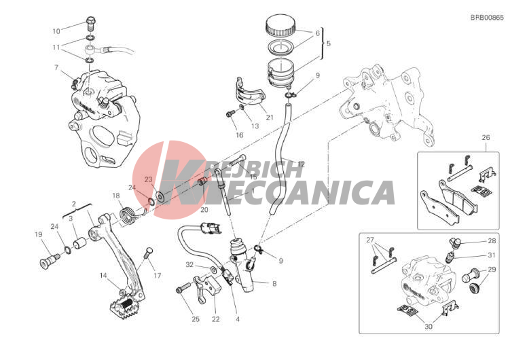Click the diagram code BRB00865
487,18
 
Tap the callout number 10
56,31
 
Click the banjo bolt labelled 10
91,23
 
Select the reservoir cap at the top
280,25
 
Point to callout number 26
486,137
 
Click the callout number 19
38,234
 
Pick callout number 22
215,319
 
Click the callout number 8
274,284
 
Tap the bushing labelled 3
80,243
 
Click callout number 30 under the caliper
428,326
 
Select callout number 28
492,240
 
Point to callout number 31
492,255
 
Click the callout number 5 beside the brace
329,43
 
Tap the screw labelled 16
230,114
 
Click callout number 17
158,276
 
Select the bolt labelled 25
181,289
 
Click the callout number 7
56,67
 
